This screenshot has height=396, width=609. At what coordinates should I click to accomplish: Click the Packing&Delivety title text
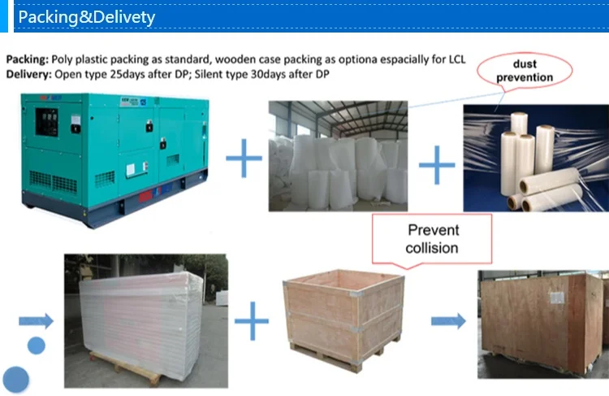click(x=86, y=17)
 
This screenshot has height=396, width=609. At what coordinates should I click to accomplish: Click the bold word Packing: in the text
click(x=28, y=60)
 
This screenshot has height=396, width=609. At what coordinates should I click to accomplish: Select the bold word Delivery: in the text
click(x=29, y=74)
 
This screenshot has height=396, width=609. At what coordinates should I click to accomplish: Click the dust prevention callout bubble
click(x=531, y=72)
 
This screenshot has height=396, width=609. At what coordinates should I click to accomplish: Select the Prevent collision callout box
click(x=432, y=238)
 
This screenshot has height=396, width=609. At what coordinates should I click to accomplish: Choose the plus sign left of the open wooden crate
click(x=251, y=320)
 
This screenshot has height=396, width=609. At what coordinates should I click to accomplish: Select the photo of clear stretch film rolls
click(x=535, y=159)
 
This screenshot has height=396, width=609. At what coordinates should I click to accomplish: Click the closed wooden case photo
click(x=542, y=323)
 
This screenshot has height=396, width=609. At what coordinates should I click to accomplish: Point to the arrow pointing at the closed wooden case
click(x=448, y=320)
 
